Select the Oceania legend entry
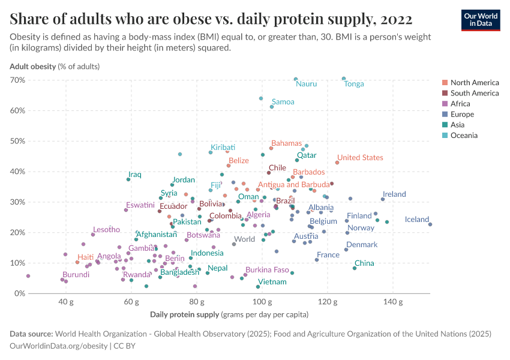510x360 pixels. (x=464, y=136)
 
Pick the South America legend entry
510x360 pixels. (x=474, y=93)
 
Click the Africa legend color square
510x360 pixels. (x=445, y=104)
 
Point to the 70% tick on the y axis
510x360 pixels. (x=17, y=80)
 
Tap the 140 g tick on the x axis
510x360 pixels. (x=392, y=302)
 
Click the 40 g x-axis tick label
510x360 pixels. (x=66, y=302)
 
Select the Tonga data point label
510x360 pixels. (x=354, y=84)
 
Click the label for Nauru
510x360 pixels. (x=306, y=84)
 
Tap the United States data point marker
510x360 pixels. (x=337, y=163)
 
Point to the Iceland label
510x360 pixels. (x=416, y=220)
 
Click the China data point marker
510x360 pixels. (x=355, y=268)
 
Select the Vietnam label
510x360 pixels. (x=272, y=282)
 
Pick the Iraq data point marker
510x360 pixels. (x=128, y=179)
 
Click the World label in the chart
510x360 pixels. (x=244, y=239)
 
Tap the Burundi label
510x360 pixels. (x=76, y=275)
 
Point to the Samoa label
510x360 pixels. (x=283, y=102)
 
